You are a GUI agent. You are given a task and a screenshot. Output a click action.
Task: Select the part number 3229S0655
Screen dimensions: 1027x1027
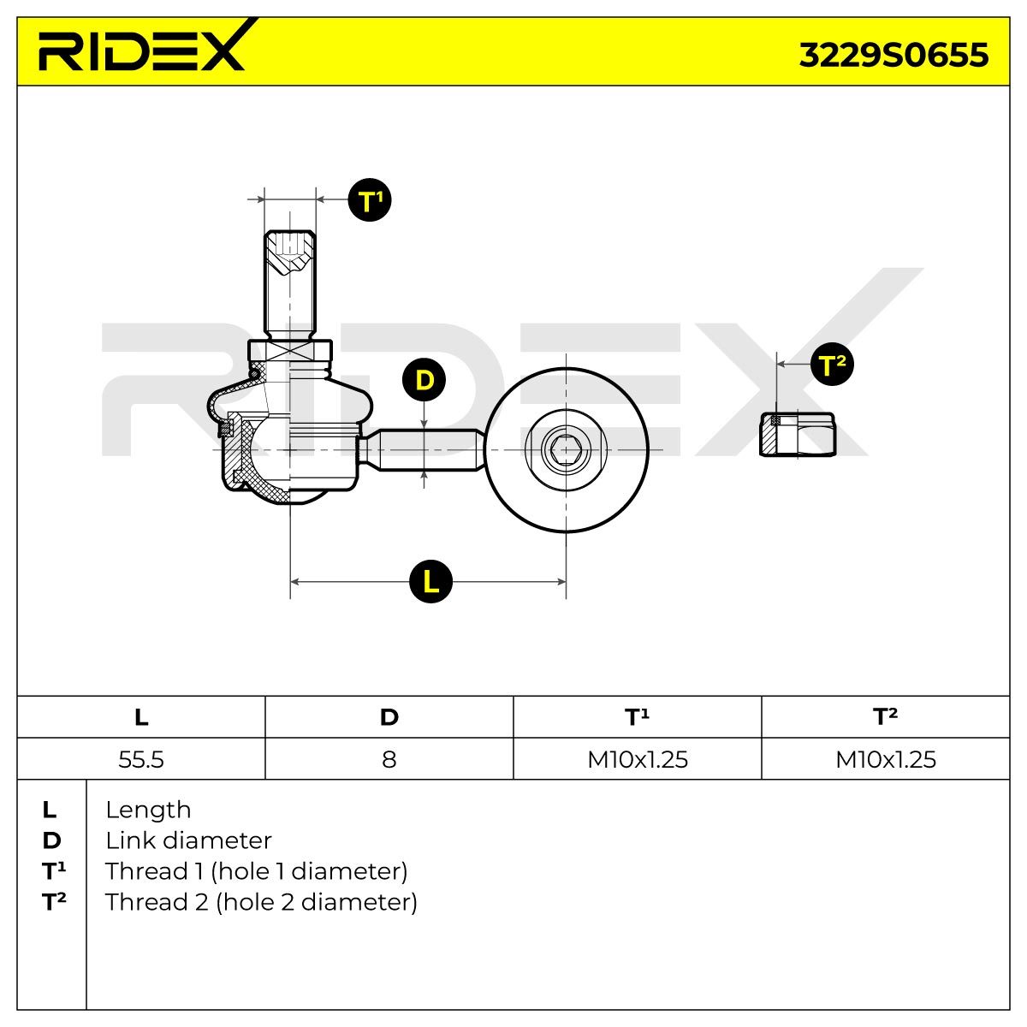point(893,55)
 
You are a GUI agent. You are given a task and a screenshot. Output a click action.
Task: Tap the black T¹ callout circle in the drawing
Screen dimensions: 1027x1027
point(370,200)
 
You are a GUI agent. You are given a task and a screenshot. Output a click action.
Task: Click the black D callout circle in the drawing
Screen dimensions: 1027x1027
point(424,380)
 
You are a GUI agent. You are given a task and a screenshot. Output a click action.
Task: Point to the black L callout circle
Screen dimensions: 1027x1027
point(430,581)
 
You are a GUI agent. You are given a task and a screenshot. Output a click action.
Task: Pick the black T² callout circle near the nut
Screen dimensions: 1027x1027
point(832,365)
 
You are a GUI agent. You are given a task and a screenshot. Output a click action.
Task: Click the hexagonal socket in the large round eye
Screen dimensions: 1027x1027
point(566,450)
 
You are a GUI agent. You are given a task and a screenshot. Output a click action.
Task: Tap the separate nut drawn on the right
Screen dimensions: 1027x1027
point(798,435)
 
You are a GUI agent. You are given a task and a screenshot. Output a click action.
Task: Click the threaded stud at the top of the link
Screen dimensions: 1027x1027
point(290,285)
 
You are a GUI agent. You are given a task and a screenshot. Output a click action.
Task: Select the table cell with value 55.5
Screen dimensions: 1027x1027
point(141,759)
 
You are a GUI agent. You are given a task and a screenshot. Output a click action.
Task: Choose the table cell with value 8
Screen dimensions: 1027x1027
point(389,759)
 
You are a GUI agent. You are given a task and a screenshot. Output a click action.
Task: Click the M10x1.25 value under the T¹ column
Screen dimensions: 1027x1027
point(638,759)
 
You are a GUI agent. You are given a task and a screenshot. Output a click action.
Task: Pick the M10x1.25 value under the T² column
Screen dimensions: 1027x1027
point(886,759)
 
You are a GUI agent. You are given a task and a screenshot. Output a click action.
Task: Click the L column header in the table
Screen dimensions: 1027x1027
point(141,717)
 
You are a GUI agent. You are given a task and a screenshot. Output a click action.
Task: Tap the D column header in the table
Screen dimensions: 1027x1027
point(389,717)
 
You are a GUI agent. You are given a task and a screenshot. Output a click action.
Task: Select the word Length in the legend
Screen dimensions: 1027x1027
point(148,810)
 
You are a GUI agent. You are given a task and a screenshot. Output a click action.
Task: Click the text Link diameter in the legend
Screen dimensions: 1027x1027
point(188,841)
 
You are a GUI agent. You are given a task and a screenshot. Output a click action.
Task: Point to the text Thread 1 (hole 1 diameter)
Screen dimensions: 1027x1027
point(257,872)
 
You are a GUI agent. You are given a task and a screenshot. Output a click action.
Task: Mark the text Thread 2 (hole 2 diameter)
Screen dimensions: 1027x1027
point(261,902)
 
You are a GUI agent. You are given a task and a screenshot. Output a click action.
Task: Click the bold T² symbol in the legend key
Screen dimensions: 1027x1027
point(54,902)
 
